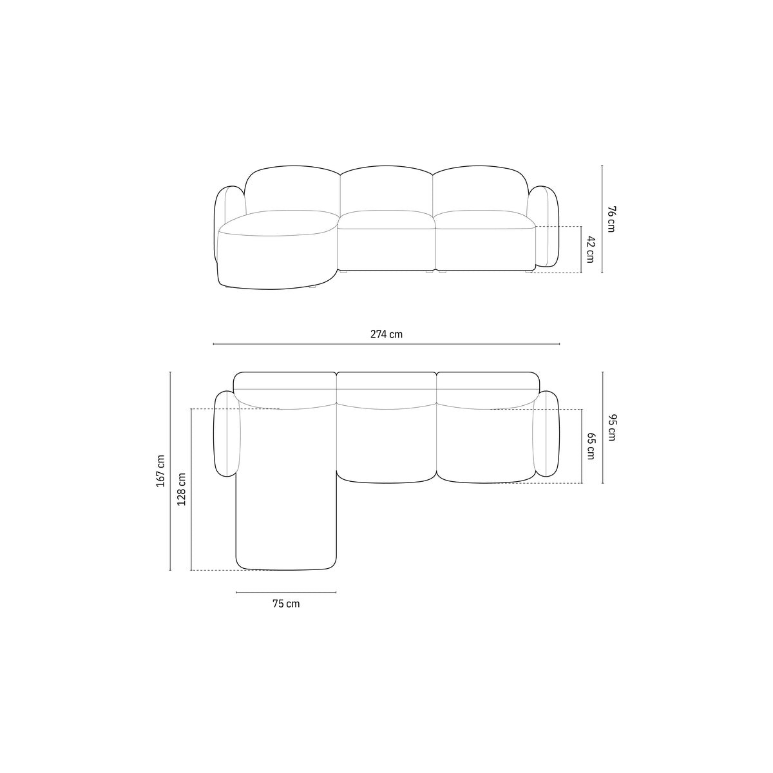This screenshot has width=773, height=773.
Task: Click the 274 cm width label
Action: point(386,334)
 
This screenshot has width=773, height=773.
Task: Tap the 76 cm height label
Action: point(611,219)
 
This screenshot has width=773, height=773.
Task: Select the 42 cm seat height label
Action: point(590,249)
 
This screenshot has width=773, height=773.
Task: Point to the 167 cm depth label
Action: point(160,471)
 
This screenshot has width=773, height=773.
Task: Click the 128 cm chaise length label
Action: point(181,489)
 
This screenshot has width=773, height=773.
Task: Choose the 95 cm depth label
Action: point(611,428)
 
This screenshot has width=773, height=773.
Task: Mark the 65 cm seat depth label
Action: point(591,446)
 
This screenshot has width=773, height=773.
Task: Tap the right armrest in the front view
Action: point(544,227)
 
